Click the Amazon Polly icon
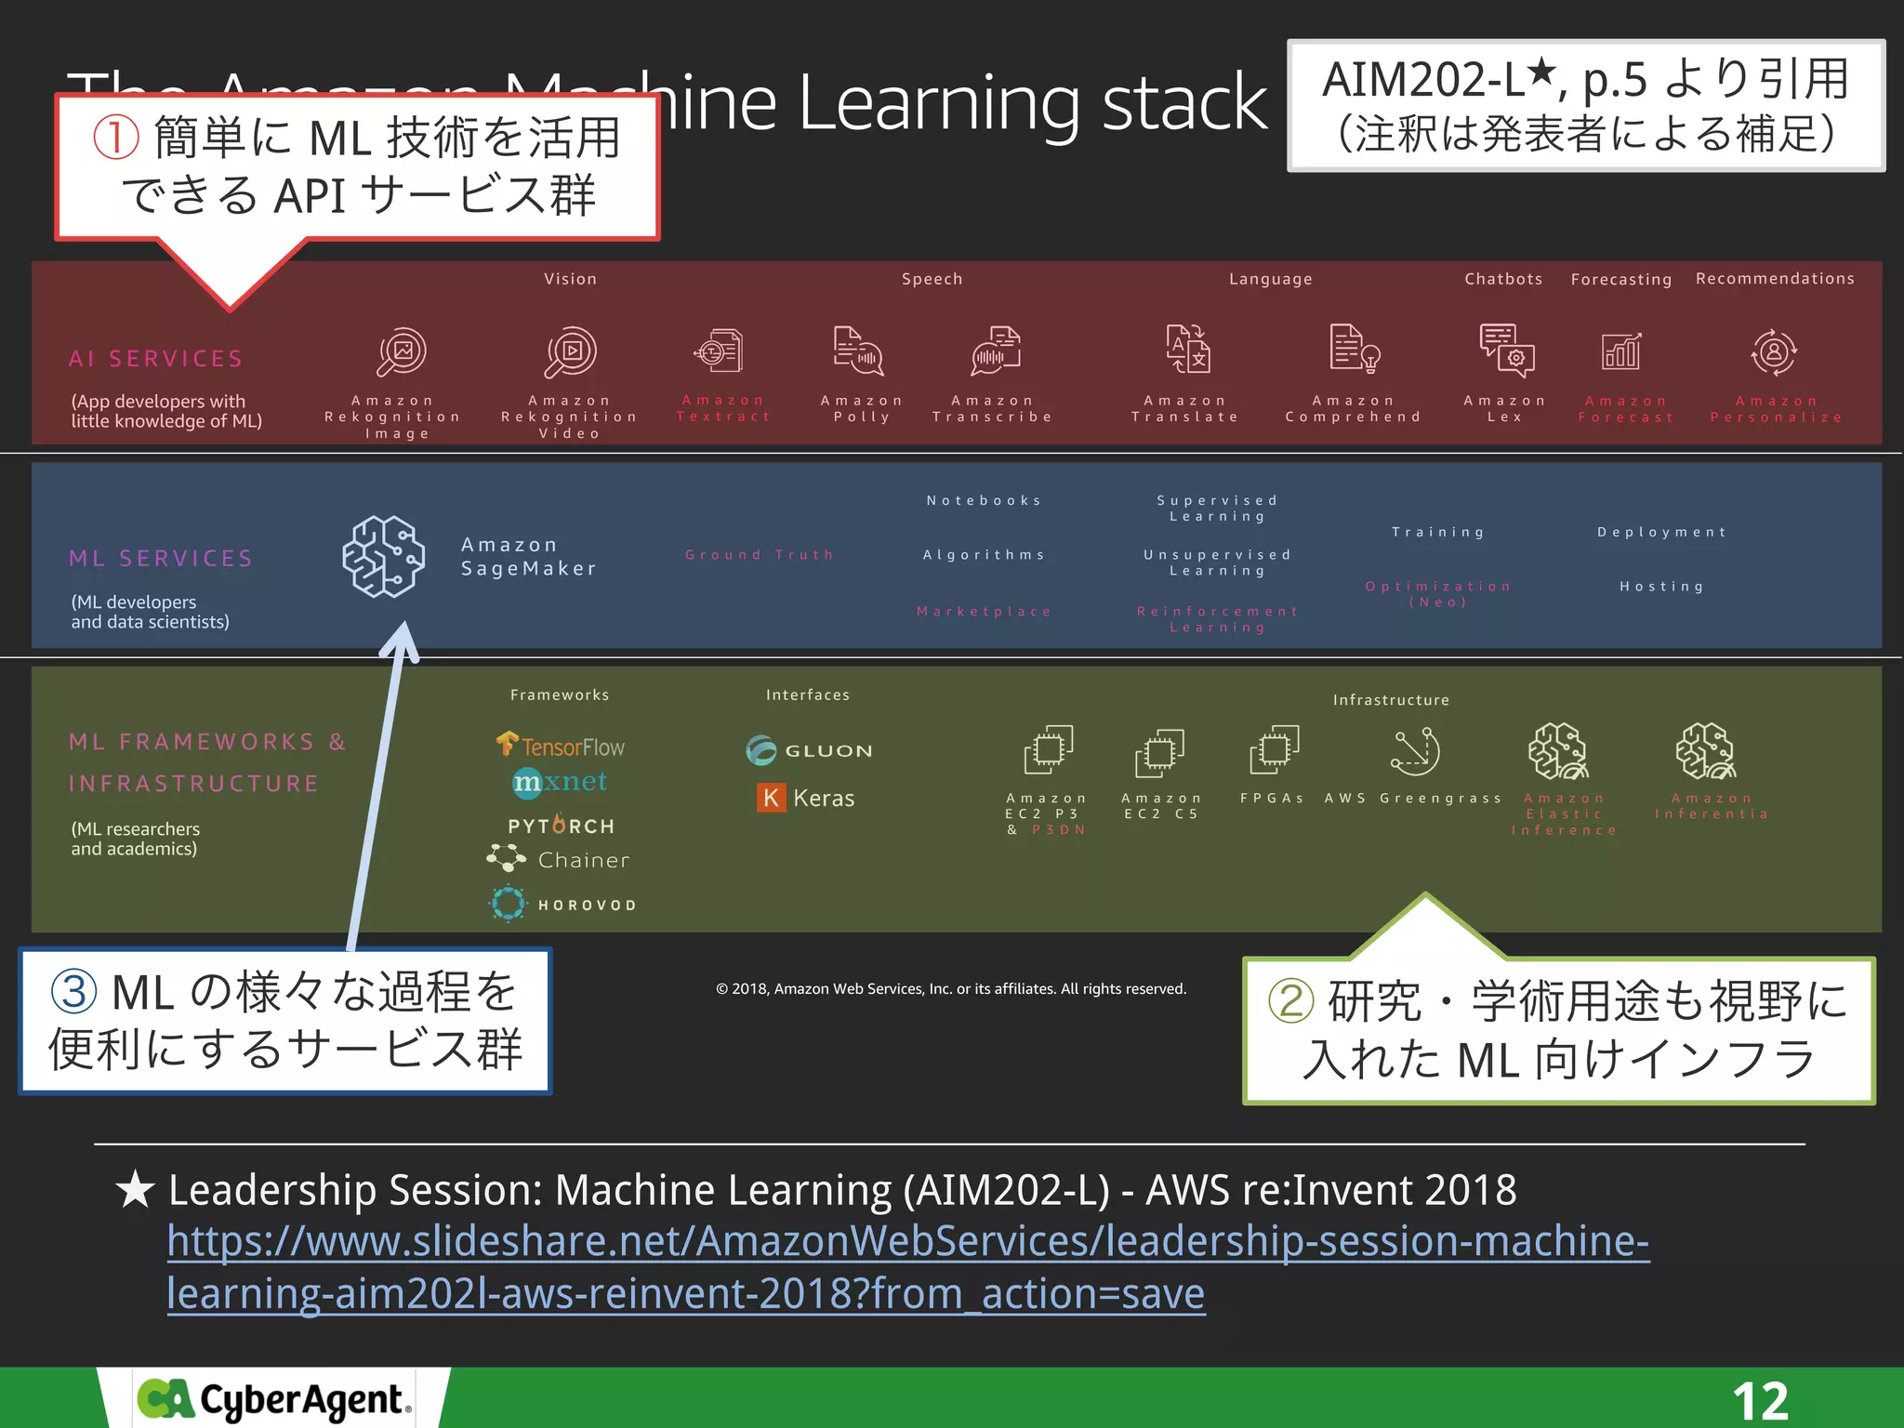pyautogui.click(x=858, y=350)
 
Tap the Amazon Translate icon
pyautogui.click(x=1187, y=350)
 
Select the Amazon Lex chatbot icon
pyautogui.click(x=1506, y=350)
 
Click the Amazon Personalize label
pyautogui.click(x=1776, y=409)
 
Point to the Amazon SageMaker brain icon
pyautogui.click(x=383, y=556)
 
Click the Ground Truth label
pyautogui.click(x=760, y=555)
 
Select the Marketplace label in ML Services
pyautogui.click(x=984, y=612)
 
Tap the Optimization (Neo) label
pyautogui.click(x=1438, y=594)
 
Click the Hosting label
pyautogui.click(x=1662, y=587)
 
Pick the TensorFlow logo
pyautogui.click(x=560, y=746)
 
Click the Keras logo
pyautogui.click(x=806, y=798)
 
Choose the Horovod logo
pyautogui.click(x=562, y=904)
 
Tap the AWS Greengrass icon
pyautogui.click(x=1415, y=751)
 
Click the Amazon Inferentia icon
pyautogui.click(x=1707, y=751)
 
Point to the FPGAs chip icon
pyautogui.click(x=1274, y=749)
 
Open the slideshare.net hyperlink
pyautogui.click(x=907, y=1267)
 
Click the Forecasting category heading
pyautogui.click(x=1620, y=279)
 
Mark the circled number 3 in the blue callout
pyautogui.click(x=74, y=991)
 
